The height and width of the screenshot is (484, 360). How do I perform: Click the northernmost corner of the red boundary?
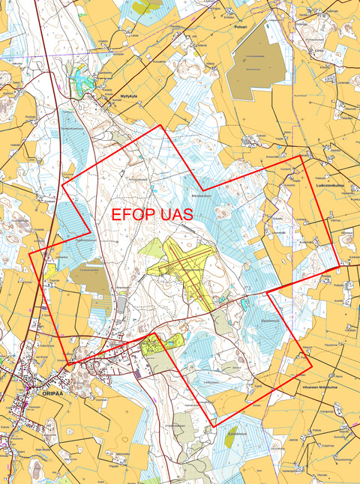[x=160, y=126]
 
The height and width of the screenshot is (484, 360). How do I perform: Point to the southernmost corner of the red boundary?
[x=214, y=427]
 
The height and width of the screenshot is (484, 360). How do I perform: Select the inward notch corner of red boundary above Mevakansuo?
[x=202, y=189]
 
